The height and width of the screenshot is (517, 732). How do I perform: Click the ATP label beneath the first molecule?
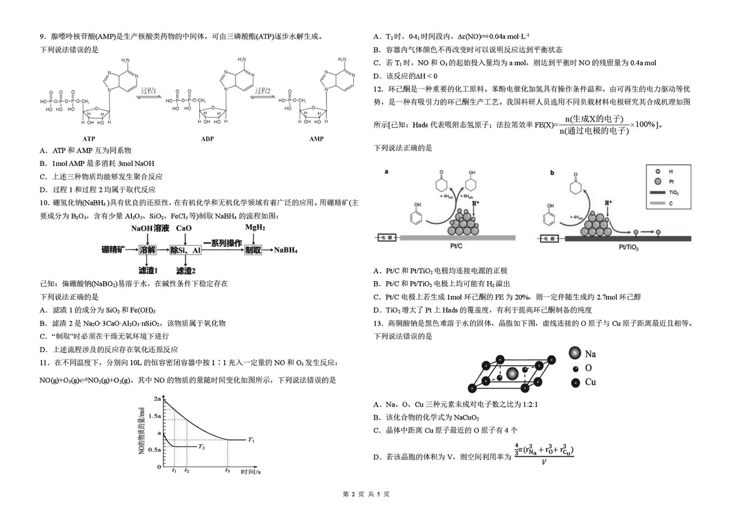coord(89,139)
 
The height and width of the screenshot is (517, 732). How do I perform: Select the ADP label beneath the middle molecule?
coord(207,139)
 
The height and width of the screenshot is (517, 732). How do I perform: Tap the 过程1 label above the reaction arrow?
coord(150,90)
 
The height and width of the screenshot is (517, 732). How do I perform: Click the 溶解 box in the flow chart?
coord(147,249)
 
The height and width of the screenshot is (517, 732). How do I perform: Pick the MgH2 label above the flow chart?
coord(255,228)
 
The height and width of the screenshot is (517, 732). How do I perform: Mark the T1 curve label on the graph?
coord(251,439)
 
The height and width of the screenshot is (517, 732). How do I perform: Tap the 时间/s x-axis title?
coord(250,472)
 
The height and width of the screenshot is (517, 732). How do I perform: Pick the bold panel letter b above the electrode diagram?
coord(552,172)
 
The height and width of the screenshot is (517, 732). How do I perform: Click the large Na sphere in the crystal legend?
coord(574,353)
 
